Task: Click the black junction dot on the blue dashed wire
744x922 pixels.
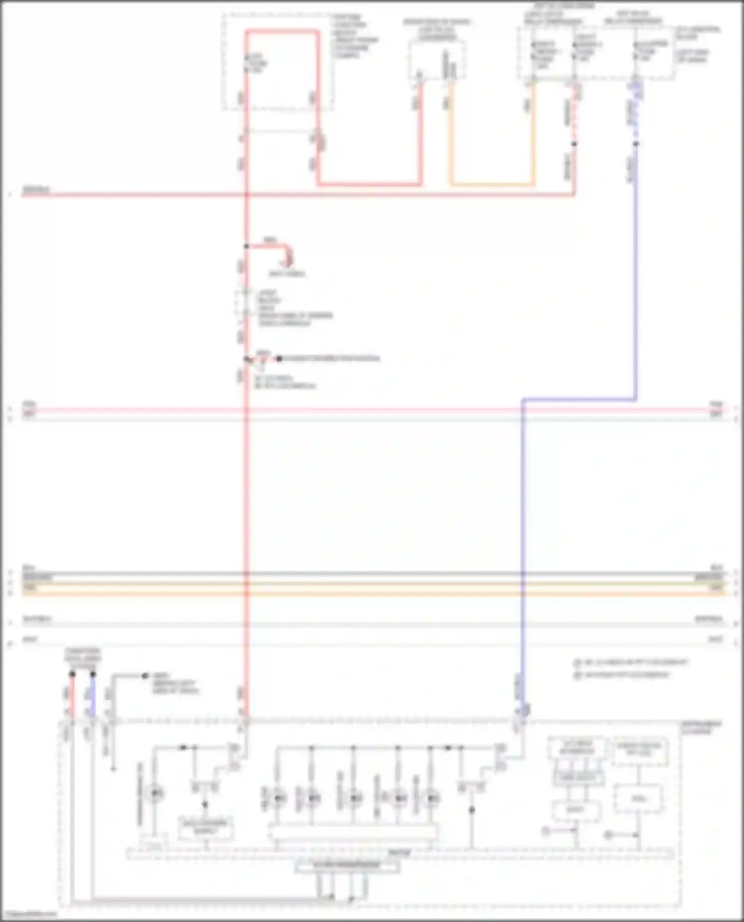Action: [x=636, y=144]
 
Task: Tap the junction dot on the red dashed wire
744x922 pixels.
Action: [x=574, y=144]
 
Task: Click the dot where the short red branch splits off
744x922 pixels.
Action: [x=246, y=246]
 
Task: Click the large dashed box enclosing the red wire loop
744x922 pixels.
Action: [x=278, y=62]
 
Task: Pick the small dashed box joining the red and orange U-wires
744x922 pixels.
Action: [x=437, y=59]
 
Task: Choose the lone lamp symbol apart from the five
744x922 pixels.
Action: [x=155, y=794]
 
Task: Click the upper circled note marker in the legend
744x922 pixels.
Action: [x=577, y=662]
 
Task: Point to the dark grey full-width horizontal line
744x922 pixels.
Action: [x=372, y=574]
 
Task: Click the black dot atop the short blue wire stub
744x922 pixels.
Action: [x=93, y=674]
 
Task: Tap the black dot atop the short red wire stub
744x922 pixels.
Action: [x=72, y=674]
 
